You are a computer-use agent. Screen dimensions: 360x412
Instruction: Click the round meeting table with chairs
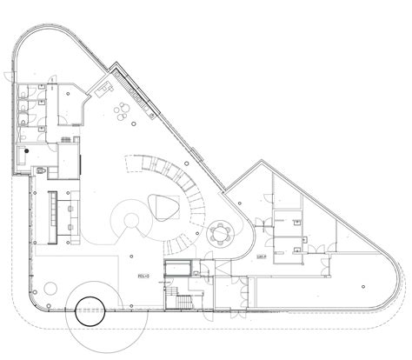tap(221, 232)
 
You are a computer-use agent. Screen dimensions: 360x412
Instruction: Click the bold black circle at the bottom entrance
tap(89, 311)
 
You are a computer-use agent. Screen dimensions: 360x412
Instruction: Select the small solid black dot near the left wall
tap(27, 150)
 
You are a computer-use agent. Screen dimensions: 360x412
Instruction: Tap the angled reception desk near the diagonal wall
tap(104, 86)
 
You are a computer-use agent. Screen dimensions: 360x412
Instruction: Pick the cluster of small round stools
tap(122, 109)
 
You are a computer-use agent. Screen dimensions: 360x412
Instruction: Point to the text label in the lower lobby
tap(143, 276)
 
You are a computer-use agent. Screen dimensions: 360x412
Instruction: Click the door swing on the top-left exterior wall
tap(10, 77)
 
